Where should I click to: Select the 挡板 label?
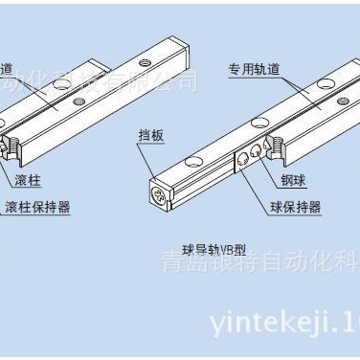151,136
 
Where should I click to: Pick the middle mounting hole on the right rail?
260,123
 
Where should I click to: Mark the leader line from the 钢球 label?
269,170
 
